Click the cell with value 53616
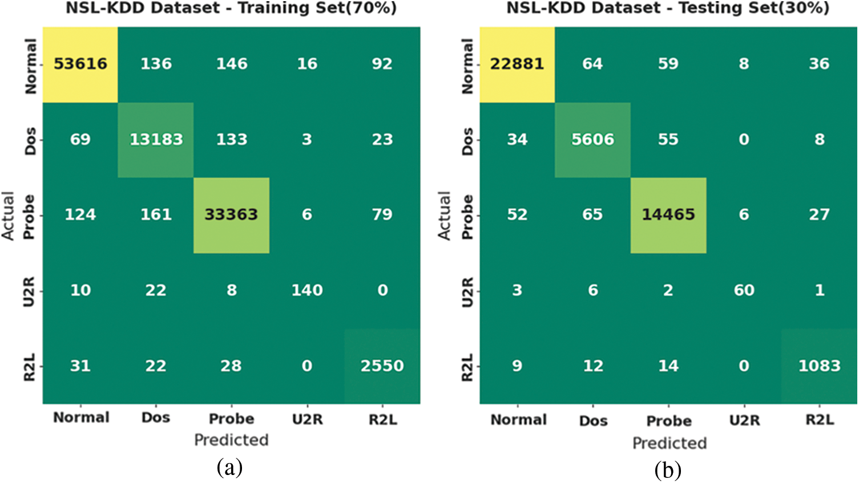[80, 64]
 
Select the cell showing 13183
[156, 140]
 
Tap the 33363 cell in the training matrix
[231, 215]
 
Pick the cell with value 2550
[382, 366]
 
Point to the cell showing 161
[156, 215]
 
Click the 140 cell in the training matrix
[307, 290]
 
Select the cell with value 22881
[517, 64]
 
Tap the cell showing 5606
[592, 140]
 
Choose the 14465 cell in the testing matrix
[668, 215]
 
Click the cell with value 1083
[819, 366]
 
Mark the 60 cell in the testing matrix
[744, 290]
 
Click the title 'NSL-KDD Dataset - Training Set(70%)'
[231, 9]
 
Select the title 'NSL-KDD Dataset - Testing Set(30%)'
[668, 9]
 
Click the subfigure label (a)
[230, 468]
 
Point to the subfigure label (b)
[668, 470]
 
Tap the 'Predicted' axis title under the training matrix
[231, 440]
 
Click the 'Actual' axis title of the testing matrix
[444, 216]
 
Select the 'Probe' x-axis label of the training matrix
[231, 419]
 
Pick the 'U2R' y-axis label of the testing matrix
[467, 291]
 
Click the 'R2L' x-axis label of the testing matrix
[820, 421]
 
